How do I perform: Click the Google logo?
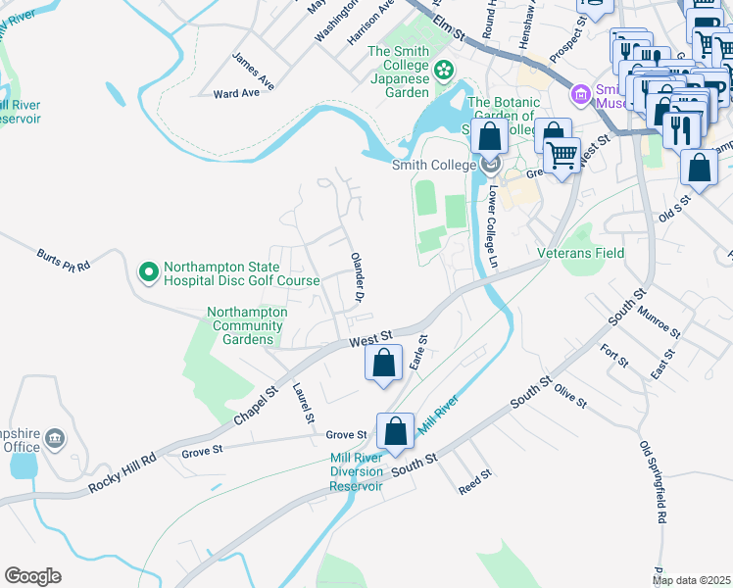click(32, 576)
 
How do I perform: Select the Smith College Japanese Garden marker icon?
click(444, 69)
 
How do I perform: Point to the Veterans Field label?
click(581, 253)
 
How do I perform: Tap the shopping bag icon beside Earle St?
click(384, 363)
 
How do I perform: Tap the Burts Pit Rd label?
click(64, 259)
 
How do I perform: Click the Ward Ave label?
click(236, 93)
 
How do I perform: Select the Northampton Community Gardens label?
click(247, 325)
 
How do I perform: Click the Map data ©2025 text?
click(692, 580)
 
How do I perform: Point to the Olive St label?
click(569, 396)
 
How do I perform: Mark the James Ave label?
click(250, 66)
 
